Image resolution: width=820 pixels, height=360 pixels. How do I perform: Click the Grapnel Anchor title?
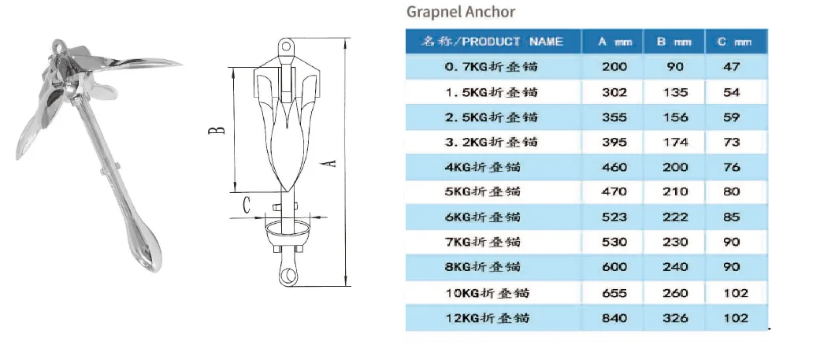[461, 12]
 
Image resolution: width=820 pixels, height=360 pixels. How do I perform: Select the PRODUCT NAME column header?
[492, 41]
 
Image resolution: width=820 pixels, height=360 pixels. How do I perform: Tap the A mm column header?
[614, 42]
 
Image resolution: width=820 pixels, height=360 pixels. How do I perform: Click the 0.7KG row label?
[491, 67]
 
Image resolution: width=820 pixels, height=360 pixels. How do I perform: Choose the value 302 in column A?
[614, 92]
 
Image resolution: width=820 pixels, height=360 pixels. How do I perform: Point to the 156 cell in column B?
[675, 117]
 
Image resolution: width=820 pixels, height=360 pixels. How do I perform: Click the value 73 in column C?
[732, 142]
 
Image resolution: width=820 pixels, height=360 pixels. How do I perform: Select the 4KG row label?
[483, 167]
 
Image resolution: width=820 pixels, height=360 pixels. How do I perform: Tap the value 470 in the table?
[614, 191]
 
